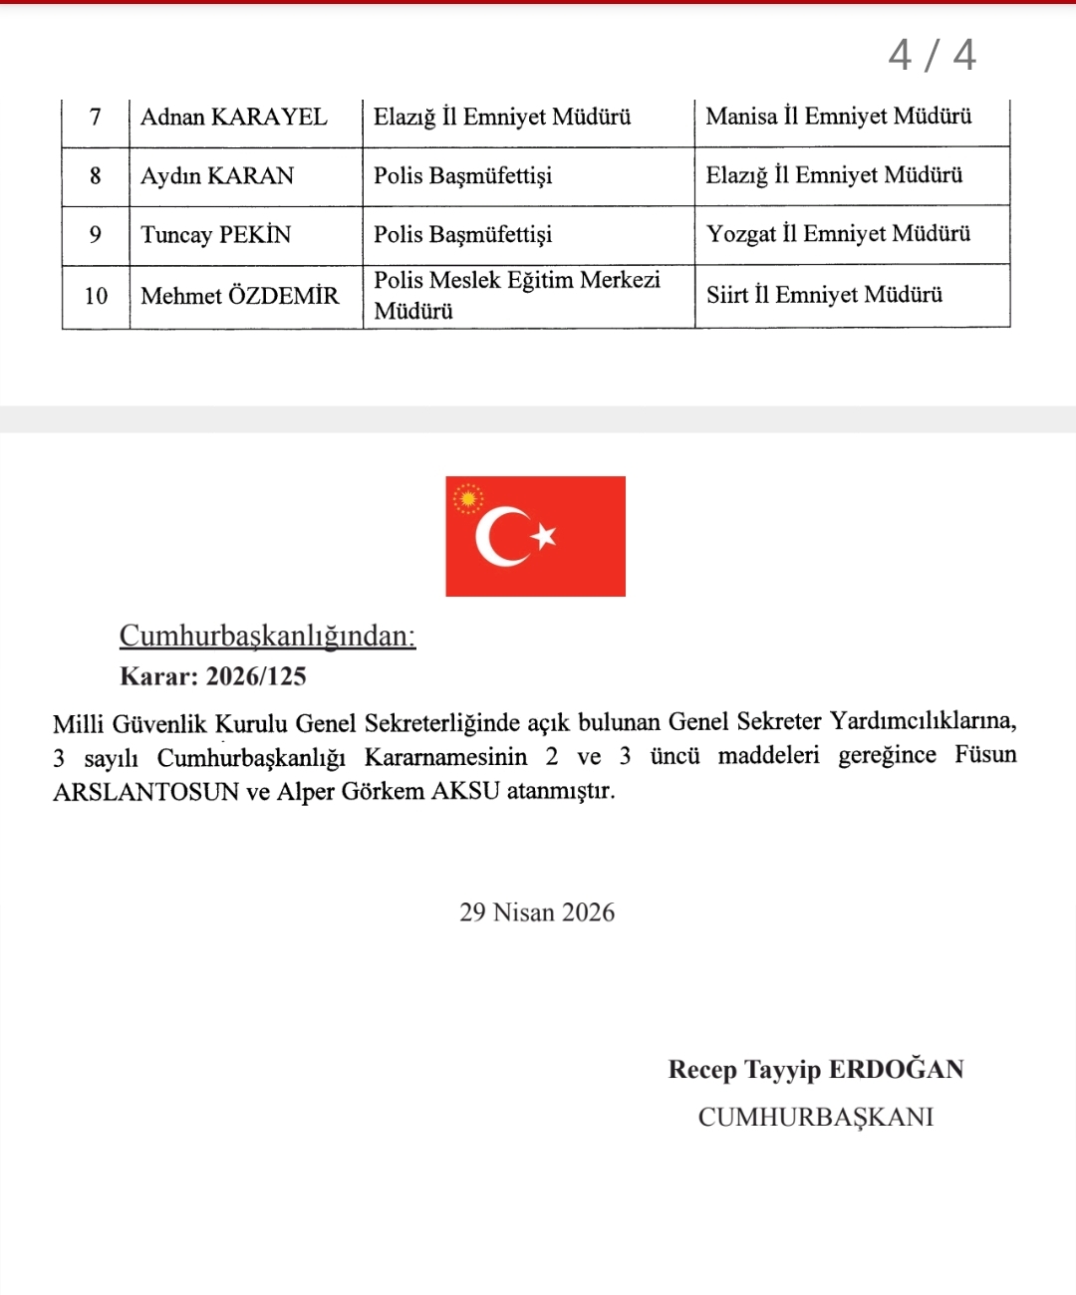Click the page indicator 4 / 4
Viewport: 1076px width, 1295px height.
[932, 55]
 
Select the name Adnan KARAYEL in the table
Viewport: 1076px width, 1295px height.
[234, 118]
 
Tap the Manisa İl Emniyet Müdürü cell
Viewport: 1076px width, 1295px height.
[839, 117]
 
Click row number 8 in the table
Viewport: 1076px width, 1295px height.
[96, 176]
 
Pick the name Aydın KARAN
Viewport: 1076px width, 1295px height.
[217, 176]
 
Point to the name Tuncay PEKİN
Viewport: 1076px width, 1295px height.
[216, 235]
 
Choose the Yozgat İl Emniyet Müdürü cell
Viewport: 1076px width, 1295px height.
[838, 234]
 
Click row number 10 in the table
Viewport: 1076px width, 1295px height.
[96, 296]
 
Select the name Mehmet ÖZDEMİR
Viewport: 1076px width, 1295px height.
[240, 296]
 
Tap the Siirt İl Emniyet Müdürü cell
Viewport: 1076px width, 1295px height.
[824, 295]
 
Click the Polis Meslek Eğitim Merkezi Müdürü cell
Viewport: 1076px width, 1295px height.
[517, 295]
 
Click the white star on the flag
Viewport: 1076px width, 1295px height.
[544, 537]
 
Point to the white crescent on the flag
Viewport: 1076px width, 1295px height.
[498, 537]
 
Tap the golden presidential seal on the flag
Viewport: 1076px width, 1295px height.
[467, 498]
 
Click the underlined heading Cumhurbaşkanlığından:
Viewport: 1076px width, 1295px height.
[267, 636]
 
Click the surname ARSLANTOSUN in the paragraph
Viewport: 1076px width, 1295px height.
[145, 792]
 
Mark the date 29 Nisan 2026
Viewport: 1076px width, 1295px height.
[537, 912]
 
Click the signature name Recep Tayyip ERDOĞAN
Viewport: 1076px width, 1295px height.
[816, 1070]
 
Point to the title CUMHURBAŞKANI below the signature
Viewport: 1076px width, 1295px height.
[816, 1117]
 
